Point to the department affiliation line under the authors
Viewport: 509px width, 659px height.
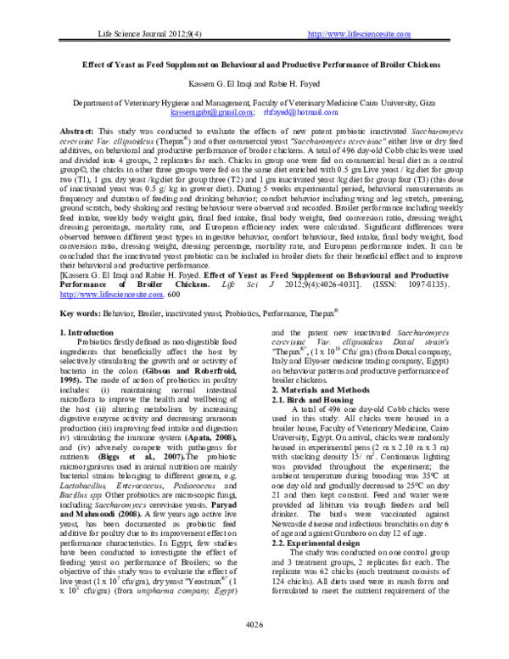point(254,102)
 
